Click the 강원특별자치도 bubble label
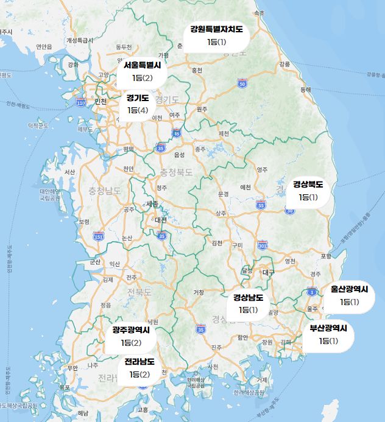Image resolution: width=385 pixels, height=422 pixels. coord(216,35)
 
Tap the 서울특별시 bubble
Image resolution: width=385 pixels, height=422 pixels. coord(142,71)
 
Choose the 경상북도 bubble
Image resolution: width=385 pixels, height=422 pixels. coord(308,190)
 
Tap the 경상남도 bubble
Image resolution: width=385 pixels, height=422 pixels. coord(249,304)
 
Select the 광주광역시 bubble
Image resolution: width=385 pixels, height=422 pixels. coord(131,336)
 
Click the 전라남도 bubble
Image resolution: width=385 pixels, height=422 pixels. coord(140,368)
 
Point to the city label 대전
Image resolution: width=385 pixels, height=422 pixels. coord(160,220)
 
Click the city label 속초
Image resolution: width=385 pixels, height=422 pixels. coord(260,13)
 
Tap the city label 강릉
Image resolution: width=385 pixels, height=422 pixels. coord(284,63)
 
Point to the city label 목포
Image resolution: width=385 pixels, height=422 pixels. coord(65,387)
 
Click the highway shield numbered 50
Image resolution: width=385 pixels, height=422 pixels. coord(242,83)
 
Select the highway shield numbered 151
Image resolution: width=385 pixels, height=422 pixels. coord(99,236)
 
